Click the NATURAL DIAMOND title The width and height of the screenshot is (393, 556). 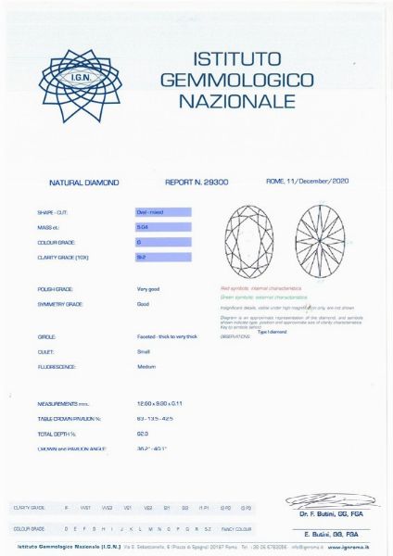(x=83, y=183)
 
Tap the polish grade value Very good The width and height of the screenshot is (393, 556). (x=149, y=289)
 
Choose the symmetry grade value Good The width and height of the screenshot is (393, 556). (x=144, y=304)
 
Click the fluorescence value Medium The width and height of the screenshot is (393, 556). (x=146, y=367)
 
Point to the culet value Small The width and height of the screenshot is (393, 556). (x=144, y=352)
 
